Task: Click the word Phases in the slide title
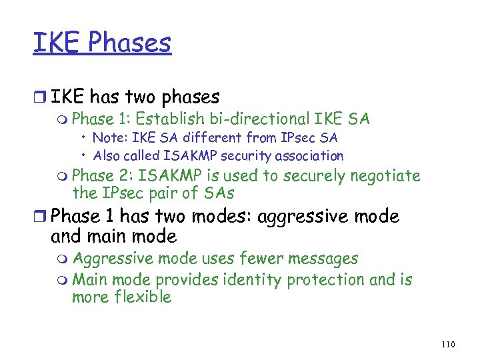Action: pyautogui.click(x=129, y=43)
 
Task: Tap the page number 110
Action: pyautogui.click(x=448, y=344)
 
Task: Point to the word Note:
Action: pyautogui.click(x=108, y=138)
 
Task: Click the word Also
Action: pyautogui.click(x=106, y=156)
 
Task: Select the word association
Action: pyautogui.click(x=307, y=156)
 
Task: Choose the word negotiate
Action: pyautogui.click(x=385, y=176)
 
